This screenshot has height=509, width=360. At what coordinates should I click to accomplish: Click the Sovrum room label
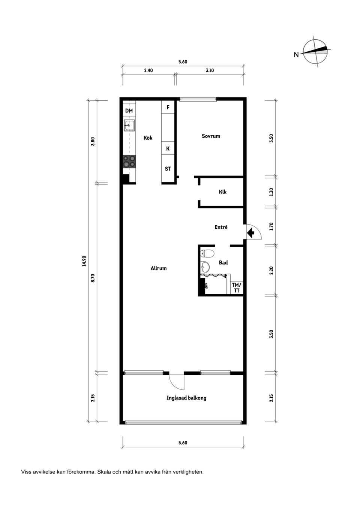(211, 136)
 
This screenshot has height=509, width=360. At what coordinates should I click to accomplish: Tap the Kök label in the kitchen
(148, 138)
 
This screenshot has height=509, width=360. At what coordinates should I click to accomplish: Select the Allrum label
(158, 268)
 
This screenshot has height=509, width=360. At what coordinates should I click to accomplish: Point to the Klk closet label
(223, 192)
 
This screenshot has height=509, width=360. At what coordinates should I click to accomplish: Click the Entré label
(221, 227)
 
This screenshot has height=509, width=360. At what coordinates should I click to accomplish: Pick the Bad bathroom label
(223, 263)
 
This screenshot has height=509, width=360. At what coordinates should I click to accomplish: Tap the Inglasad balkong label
(186, 398)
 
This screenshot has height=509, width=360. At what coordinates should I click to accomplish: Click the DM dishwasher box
(129, 111)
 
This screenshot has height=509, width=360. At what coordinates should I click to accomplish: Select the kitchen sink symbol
(129, 125)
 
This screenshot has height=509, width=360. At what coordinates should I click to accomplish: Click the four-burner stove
(129, 162)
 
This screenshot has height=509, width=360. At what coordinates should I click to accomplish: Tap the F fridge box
(168, 107)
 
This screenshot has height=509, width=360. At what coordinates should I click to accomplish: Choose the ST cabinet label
(168, 169)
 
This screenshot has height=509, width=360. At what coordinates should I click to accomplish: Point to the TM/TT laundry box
(237, 288)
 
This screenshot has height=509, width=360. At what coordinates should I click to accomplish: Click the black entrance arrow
(251, 233)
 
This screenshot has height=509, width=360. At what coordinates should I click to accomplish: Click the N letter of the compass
(296, 55)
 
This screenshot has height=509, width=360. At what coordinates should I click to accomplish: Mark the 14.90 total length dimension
(84, 261)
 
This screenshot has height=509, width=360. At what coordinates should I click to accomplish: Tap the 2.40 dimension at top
(148, 70)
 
